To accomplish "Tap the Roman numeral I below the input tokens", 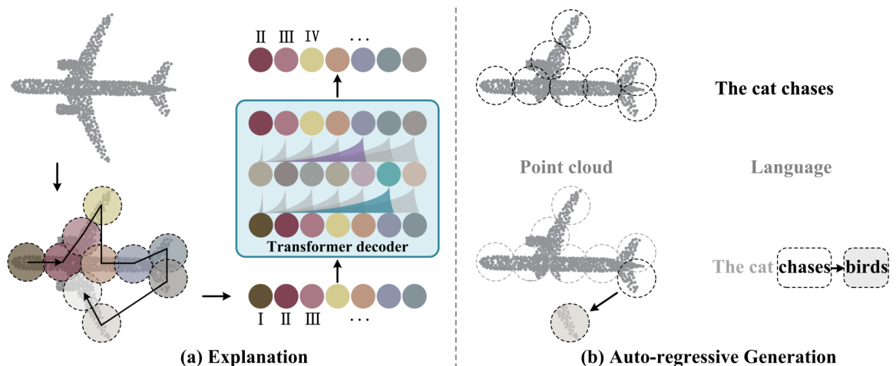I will pyautogui.click(x=261, y=320).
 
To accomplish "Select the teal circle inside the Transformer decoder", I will pyautogui.click(x=390, y=175).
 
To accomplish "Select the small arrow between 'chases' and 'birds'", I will pyautogui.click(x=837, y=268).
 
